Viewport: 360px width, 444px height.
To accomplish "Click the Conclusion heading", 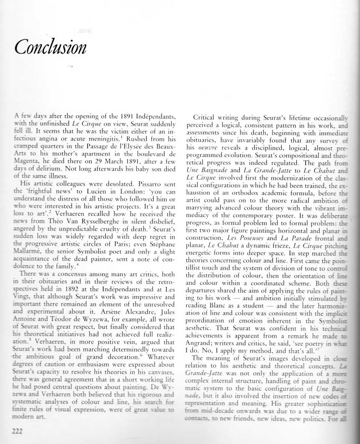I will click(50, 47).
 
